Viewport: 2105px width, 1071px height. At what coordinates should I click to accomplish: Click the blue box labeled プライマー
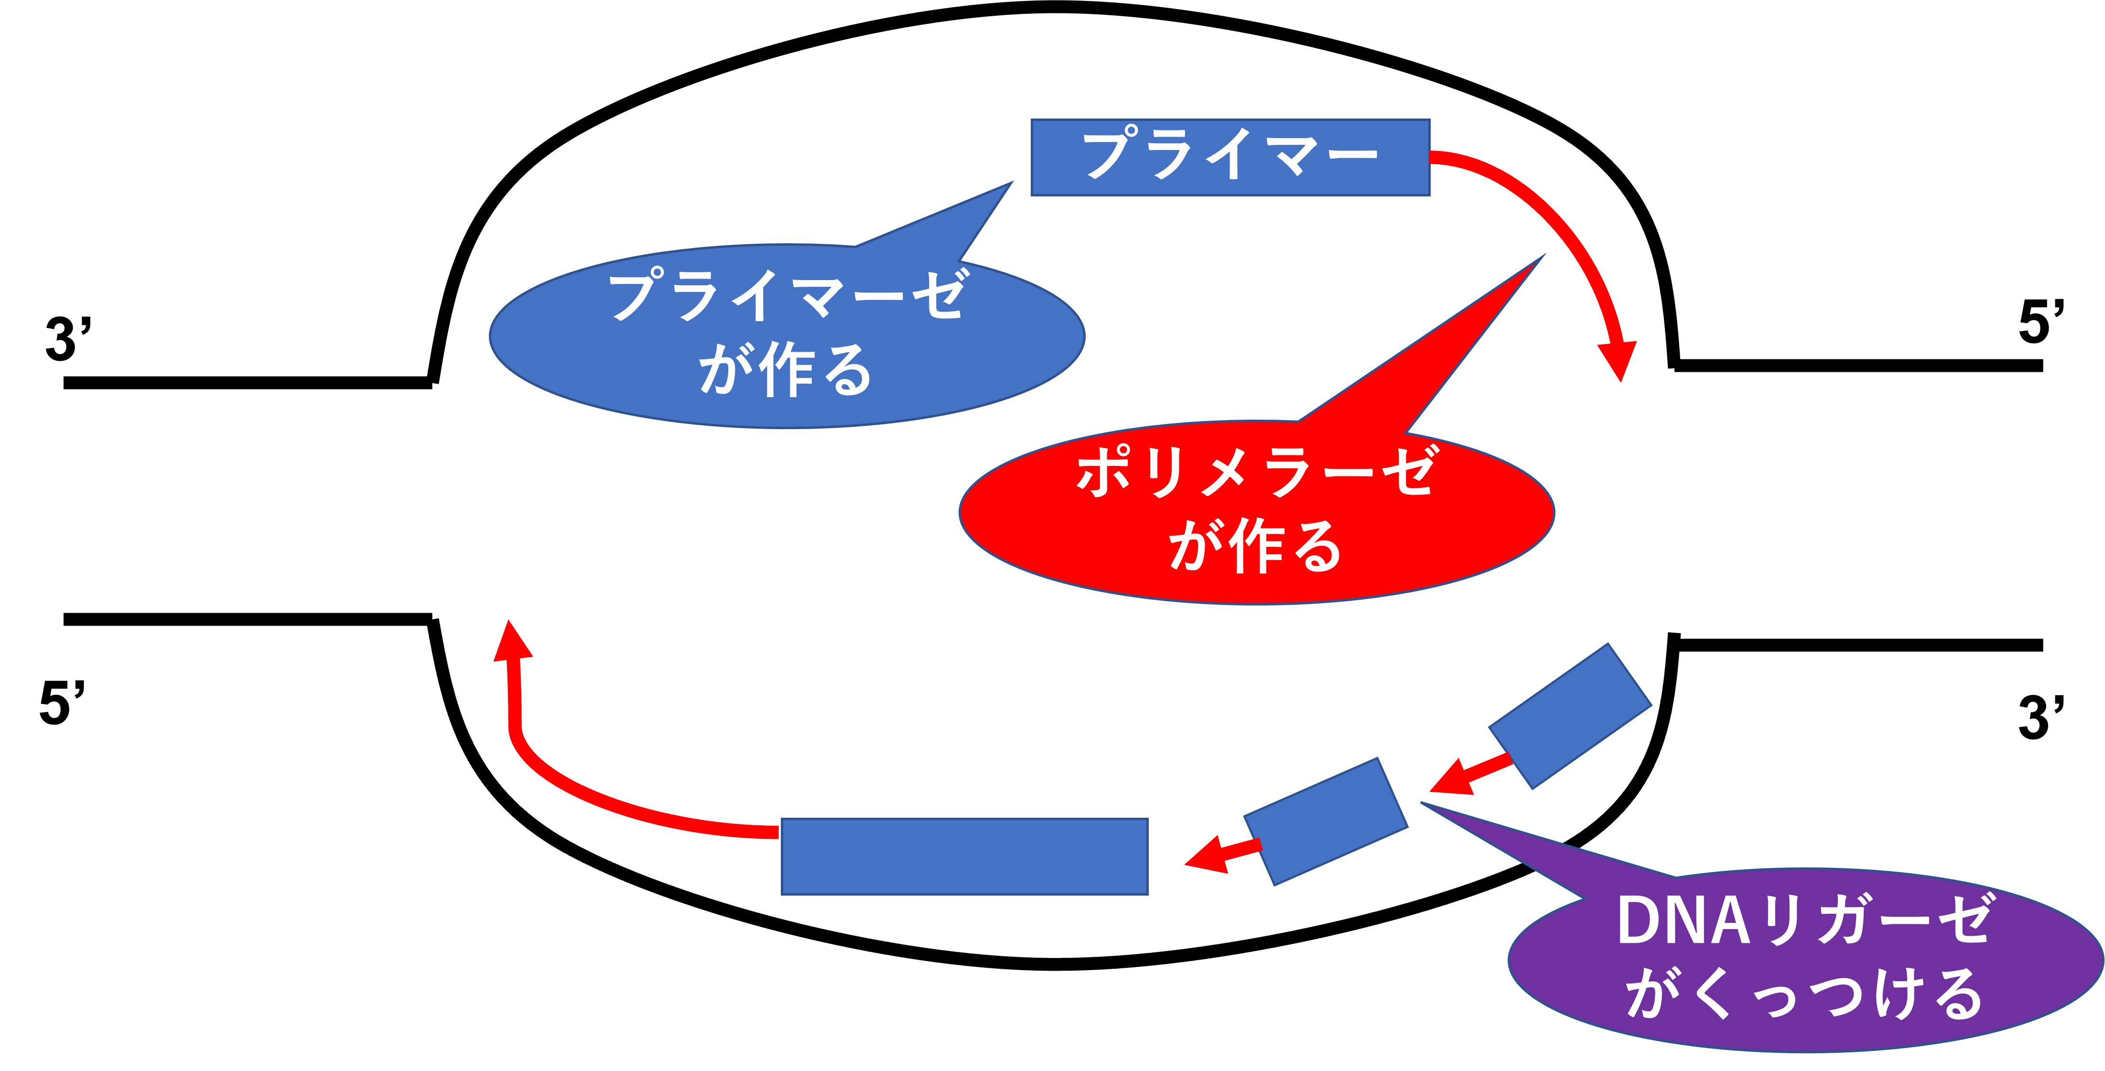[x=1230, y=157]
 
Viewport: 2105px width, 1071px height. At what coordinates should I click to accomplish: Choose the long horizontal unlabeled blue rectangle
[x=964, y=856]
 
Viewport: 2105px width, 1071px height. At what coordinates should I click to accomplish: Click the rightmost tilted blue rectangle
[x=1570, y=715]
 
